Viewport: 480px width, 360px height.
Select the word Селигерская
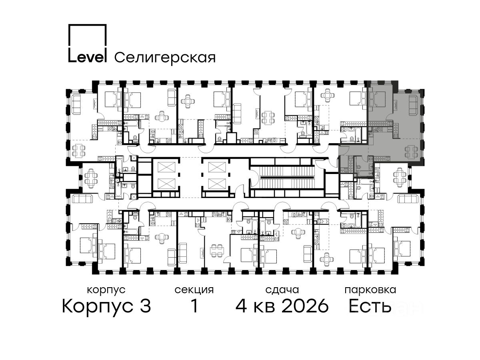(165, 58)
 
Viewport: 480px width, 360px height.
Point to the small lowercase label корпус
(106, 290)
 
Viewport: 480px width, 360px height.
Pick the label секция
(194, 290)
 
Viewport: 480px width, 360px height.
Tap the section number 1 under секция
(194, 306)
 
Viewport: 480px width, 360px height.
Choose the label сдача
(282, 290)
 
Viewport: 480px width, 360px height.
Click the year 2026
(305, 306)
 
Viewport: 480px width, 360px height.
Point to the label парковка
(370, 290)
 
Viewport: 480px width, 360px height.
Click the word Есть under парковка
(370, 306)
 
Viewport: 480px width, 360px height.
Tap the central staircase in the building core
(286, 177)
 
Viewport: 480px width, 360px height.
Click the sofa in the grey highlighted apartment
(414, 105)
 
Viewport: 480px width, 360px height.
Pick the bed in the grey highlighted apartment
(377, 100)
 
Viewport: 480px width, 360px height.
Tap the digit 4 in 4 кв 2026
(242, 306)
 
